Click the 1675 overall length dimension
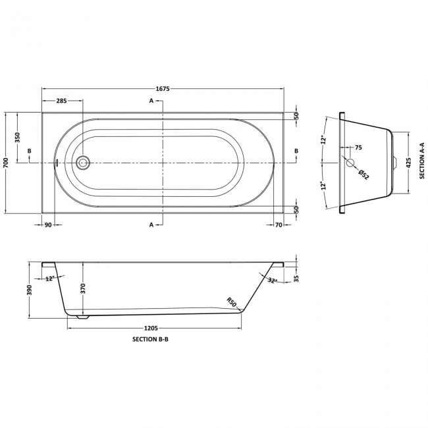(163, 89)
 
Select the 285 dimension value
(61, 101)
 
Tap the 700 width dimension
(6, 163)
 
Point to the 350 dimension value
(18, 138)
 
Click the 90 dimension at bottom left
(48, 225)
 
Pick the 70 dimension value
(279, 225)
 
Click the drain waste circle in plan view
(83, 163)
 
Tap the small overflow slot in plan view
(57, 163)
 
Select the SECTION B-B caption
(150, 339)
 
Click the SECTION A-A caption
(422, 161)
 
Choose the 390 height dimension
(30, 290)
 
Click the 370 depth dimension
(83, 288)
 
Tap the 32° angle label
(272, 281)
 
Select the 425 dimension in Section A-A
(409, 163)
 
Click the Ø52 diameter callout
(363, 174)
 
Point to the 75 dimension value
(358, 147)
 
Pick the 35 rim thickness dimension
(297, 279)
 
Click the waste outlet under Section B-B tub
(83, 317)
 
